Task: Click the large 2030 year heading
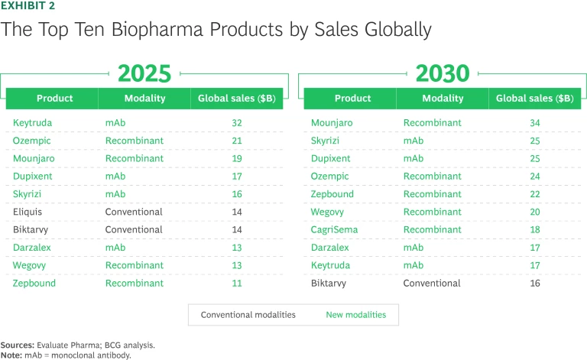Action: click(442, 73)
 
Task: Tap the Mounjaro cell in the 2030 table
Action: click(330, 122)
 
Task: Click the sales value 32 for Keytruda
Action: click(237, 122)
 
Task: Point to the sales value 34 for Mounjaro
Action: click(534, 122)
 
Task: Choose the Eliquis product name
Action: click(28, 212)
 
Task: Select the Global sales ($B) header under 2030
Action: click(534, 99)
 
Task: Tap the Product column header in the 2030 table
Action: click(352, 99)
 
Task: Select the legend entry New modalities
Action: click(356, 315)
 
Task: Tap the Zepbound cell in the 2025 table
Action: click(34, 283)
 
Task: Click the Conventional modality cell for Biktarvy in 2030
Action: click(432, 283)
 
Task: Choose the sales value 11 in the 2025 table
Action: click(237, 283)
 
